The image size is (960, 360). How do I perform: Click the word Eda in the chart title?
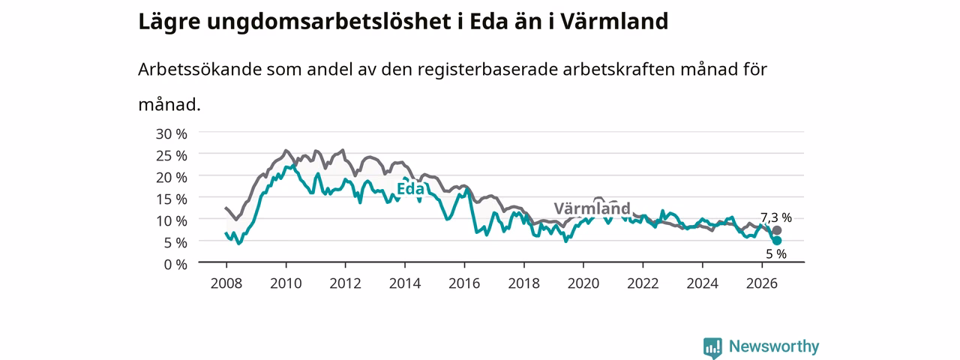point(488,22)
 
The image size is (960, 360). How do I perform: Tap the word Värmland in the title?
point(614,22)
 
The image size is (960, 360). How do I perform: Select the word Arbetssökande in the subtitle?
point(199,70)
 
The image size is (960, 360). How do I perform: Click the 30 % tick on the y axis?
point(172,134)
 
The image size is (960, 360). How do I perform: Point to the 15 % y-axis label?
point(172,199)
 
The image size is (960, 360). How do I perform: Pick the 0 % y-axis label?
point(175,265)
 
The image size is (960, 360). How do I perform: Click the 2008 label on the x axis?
point(226,283)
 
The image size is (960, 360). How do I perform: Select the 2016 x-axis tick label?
point(464,283)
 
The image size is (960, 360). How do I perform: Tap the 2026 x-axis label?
point(762,283)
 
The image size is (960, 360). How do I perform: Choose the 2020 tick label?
point(583,283)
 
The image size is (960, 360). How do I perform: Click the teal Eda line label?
point(410,188)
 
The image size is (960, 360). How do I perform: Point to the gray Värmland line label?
point(592,208)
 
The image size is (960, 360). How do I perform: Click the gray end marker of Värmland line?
point(776,230)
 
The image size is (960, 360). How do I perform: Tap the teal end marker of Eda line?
point(776,241)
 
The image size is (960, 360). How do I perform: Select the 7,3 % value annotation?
point(776,217)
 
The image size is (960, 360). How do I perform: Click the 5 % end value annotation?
point(776,254)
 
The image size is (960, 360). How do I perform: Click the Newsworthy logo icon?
point(712,347)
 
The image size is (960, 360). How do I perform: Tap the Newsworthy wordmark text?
point(774,346)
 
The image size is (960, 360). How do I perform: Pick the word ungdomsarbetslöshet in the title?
point(329,22)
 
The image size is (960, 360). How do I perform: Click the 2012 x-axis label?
point(346,283)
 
